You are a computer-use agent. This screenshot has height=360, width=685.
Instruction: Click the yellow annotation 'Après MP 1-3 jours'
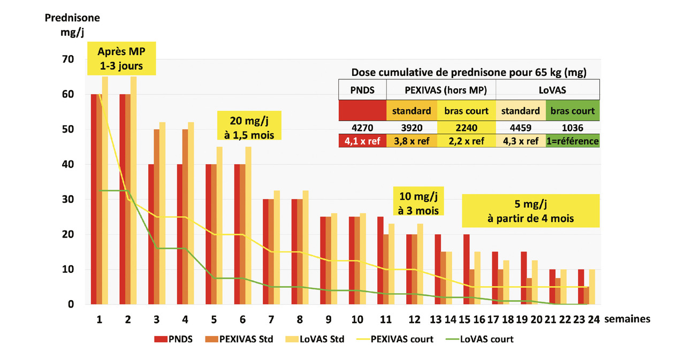(x=122, y=59)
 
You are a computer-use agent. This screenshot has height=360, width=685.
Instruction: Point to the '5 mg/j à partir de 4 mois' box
(x=530, y=211)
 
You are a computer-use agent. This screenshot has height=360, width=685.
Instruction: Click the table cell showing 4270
(x=362, y=128)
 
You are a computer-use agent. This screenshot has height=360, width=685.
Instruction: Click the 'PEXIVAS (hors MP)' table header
(x=442, y=90)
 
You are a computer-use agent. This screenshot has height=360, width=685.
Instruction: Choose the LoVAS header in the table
(x=547, y=90)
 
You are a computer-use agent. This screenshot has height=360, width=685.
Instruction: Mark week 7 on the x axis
(x=271, y=319)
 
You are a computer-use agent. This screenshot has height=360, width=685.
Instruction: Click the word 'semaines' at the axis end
(x=627, y=319)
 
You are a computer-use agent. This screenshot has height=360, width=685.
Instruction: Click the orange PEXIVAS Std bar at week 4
(x=185, y=216)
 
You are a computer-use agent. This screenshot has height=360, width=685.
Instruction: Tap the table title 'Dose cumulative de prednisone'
(x=468, y=72)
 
